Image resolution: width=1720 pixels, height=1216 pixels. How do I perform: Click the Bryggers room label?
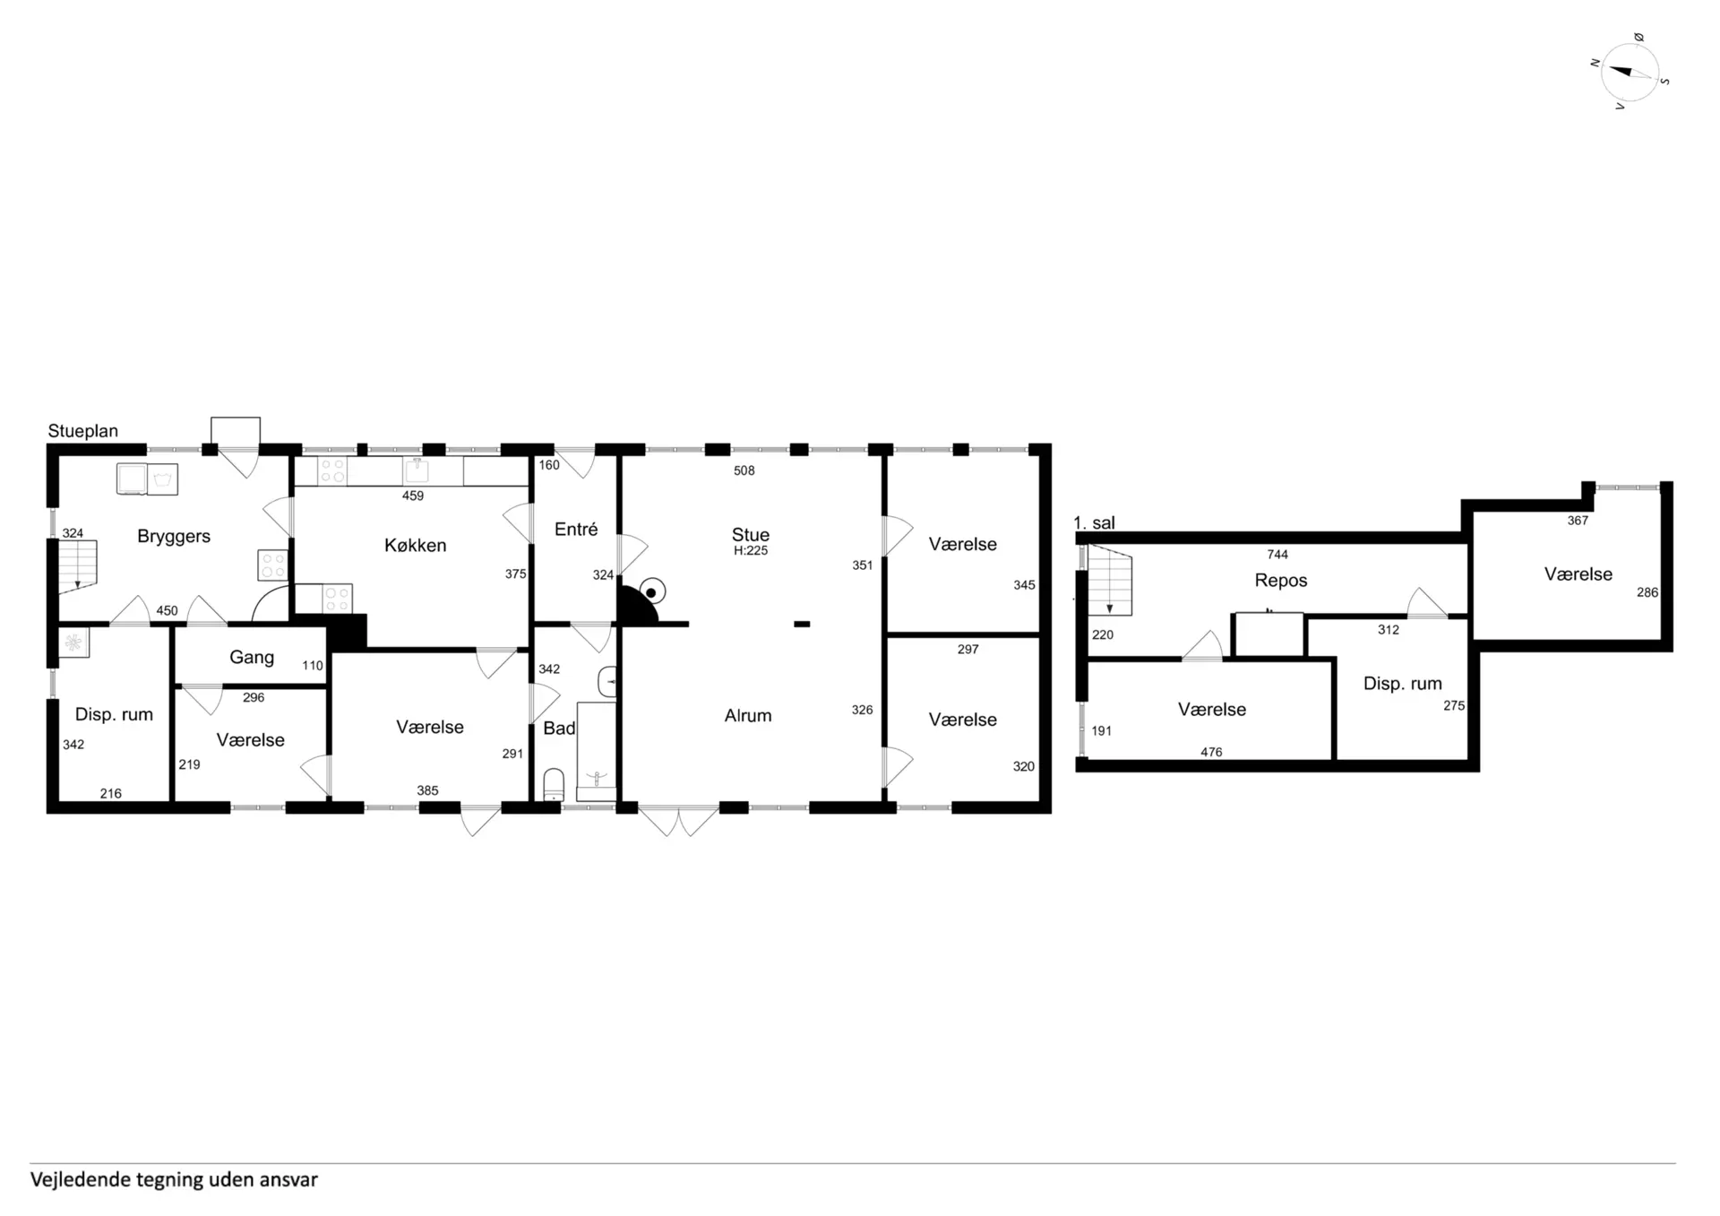(174, 536)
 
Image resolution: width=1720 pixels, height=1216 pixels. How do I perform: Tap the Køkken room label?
(415, 545)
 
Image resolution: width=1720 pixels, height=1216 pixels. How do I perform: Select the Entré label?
(576, 530)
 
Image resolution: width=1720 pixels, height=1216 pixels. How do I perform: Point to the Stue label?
(751, 534)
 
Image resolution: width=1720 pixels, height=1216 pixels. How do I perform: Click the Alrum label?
(748, 715)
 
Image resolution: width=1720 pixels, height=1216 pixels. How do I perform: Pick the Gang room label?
(252, 657)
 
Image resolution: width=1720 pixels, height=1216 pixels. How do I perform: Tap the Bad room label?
(559, 729)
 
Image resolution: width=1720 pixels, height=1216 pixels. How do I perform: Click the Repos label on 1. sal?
(1281, 580)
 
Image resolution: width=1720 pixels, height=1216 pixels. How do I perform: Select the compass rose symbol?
(1630, 73)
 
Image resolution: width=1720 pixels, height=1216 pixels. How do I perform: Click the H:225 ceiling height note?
(751, 551)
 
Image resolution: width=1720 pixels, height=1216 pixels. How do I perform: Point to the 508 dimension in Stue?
(744, 470)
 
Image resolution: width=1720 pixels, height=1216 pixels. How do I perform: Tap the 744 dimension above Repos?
(1277, 555)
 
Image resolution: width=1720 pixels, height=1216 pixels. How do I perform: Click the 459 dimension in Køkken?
(413, 496)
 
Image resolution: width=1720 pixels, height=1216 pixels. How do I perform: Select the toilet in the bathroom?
(555, 785)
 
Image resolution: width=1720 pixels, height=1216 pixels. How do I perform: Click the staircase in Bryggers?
(78, 566)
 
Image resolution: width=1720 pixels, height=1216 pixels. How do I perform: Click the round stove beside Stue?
(653, 591)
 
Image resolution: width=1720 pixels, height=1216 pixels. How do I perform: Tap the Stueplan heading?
(83, 431)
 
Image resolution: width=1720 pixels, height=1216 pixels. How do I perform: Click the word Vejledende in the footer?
(81, 1179)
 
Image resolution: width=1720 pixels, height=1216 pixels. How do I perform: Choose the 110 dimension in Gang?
(313, 666)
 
